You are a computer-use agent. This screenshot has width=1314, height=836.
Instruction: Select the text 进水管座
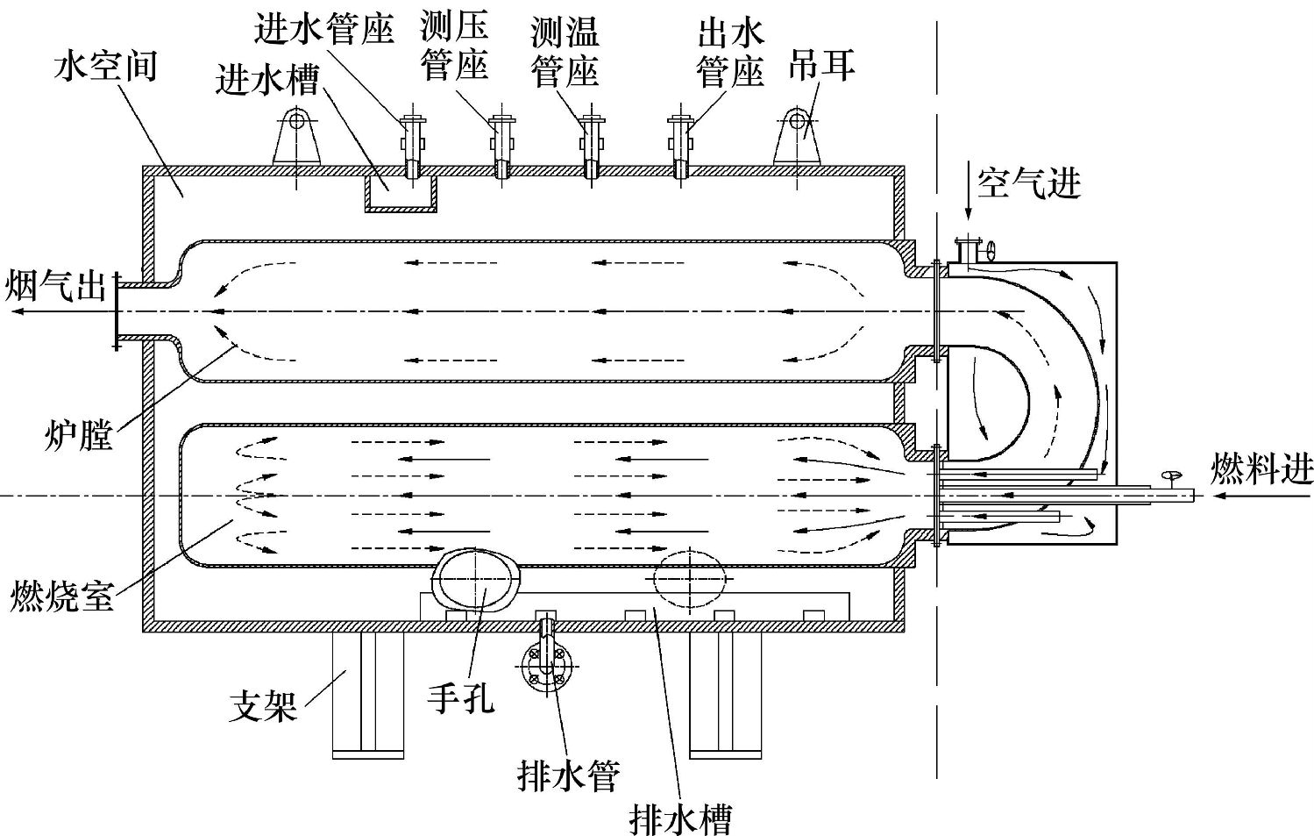click(322, 31)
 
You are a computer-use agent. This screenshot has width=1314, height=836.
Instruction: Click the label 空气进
click(1028, 184)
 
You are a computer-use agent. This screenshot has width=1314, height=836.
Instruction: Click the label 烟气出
click(54, 286)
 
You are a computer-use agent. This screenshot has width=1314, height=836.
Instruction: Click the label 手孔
click(461, 697)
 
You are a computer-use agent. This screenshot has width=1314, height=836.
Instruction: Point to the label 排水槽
click(681, 818)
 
